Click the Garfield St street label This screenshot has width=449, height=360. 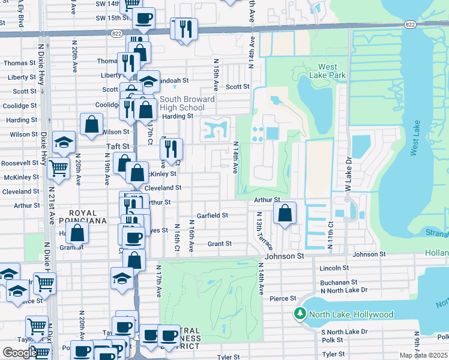click(x=212, y=215)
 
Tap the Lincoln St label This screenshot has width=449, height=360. click(x=334, y=268)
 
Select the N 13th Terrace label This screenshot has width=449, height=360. click(x=263, y=231)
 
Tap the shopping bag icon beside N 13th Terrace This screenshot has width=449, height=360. click(x=285, y=213)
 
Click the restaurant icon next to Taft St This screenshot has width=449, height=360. click(x=172, y=149)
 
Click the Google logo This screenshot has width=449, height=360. click(x=20, y=353)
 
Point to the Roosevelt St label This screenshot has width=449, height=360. click(x=20, y=163)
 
